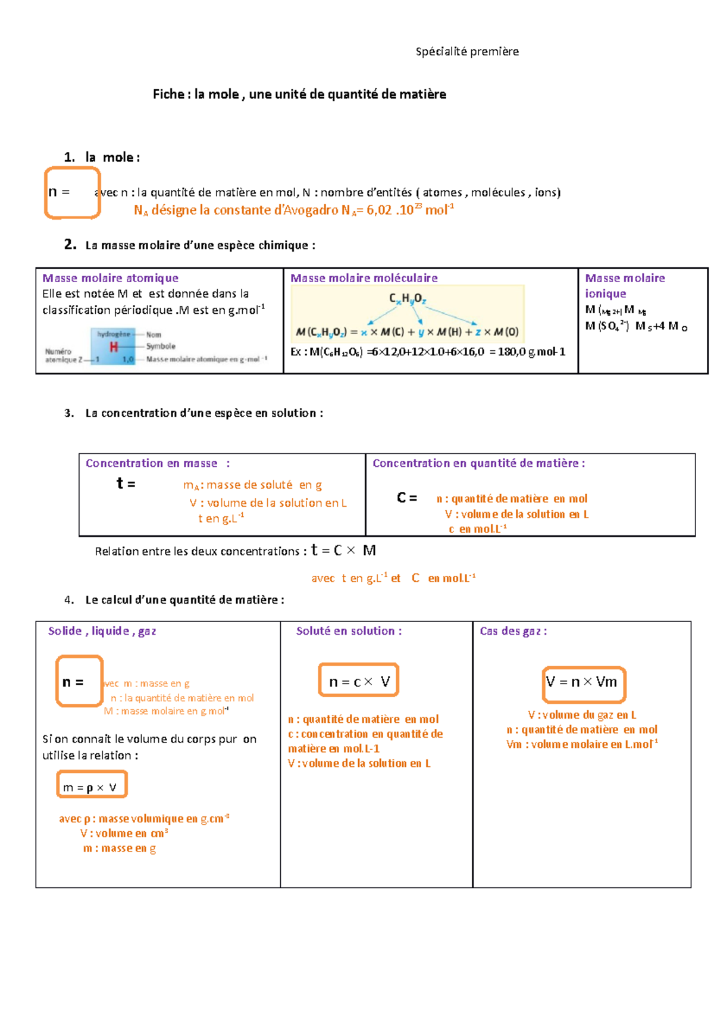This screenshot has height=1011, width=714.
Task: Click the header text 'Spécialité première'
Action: point(467,52)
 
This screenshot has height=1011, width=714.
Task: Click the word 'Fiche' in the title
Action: point(168,94)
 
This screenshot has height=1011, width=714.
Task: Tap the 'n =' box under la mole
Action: point(72,193)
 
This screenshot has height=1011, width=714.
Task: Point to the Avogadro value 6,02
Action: point(378,210)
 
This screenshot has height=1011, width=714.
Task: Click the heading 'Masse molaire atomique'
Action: point(110,278)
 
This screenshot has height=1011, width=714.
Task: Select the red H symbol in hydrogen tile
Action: point(114,347)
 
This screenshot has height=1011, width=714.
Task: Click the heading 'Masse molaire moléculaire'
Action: point(364,278)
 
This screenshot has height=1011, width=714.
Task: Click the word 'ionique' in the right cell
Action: point(605,294)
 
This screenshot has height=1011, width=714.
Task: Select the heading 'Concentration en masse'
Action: point(151,463)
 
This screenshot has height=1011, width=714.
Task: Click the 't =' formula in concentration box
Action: point(126,483)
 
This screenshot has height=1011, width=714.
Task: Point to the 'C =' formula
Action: point(407,498)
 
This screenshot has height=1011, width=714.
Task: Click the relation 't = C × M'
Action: point(343,551)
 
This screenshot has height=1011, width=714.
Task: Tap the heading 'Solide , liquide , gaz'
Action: point(102,631)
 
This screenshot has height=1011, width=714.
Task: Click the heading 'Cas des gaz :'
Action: point(513,631)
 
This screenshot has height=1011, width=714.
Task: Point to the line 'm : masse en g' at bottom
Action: point(119,848)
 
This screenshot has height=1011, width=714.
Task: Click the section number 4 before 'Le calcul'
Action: point(69,600)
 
